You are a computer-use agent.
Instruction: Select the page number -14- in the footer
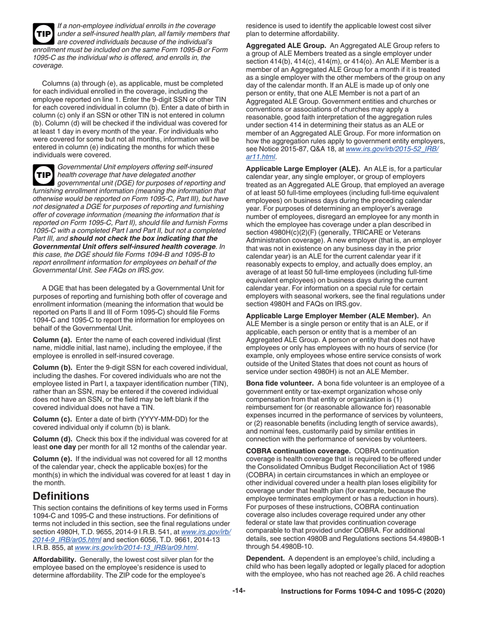[238, 606]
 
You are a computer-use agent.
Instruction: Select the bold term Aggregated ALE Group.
[285, 46]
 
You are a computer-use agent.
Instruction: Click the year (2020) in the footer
[435, 606]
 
